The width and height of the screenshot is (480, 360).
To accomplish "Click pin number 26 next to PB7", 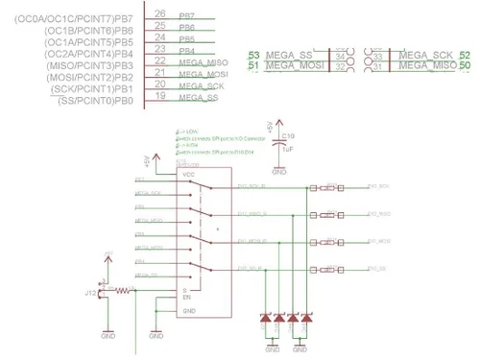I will click(x=159, y=13).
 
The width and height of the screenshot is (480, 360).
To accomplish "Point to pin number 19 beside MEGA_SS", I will click(x=159, y=97).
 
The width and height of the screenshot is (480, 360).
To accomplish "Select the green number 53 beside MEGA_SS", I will click(x=253, y=56).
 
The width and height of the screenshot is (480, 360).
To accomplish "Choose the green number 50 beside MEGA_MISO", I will click(x=466, y=66).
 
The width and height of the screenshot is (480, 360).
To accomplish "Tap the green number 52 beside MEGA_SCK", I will click(x=466, y=56).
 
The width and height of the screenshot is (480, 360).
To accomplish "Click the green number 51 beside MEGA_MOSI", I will click(x=253, y=66).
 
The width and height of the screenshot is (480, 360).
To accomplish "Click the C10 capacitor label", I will click(x=289, y=136).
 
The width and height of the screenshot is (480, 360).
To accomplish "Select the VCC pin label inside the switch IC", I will click(x=188, y=175).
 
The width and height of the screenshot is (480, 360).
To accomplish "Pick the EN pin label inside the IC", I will click(x=185, y=298).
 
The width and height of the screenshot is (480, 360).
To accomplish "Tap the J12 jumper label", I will click(x=91, y=293).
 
